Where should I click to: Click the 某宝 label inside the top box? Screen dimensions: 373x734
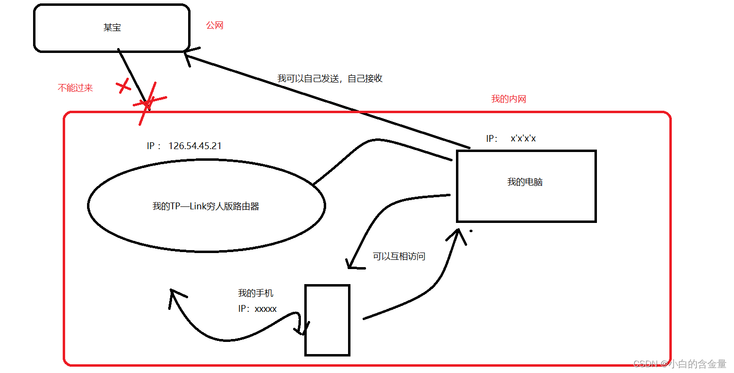coord(112,28)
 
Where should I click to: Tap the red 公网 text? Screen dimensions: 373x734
coord(214,25)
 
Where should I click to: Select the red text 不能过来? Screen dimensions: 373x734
coord(75,88)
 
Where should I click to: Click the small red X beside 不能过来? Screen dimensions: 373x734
coord(124,87)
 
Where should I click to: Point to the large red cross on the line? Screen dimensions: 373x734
coord(148,103)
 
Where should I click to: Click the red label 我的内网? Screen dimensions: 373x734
coord(508,99)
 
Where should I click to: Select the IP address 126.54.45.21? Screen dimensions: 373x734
coord(195,146)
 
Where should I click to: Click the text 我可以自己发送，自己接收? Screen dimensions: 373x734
coord(330,78)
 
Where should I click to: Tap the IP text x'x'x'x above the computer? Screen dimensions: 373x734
coord(523,138)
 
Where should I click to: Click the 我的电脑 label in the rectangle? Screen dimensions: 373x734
coord(524,182)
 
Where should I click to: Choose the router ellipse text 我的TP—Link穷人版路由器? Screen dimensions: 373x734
coord(206,206)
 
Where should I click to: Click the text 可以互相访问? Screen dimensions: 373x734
coord(399,256)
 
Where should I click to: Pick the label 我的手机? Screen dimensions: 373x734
coord(255,293)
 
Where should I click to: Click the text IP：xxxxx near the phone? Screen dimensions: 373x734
coord(257,308)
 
